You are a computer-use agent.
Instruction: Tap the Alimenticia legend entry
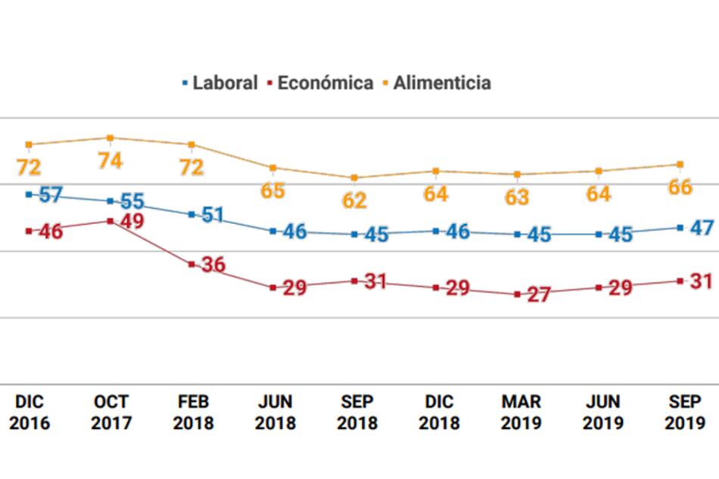[442, 82]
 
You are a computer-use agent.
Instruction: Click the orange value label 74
[110, 161]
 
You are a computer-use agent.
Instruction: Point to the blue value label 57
[50, 194]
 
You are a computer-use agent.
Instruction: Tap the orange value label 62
[354, 201]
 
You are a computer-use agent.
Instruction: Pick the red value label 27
[538, 295]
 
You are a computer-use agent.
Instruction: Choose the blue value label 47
[702, 227]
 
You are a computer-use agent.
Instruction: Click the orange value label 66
[680, 187]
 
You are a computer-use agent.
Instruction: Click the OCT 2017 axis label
[110, 412]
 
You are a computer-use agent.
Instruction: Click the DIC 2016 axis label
[29, 412]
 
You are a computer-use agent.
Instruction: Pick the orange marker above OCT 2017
[110, 138]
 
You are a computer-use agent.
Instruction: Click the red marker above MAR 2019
[518, 294]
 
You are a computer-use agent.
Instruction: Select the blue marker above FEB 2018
[191, 214]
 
